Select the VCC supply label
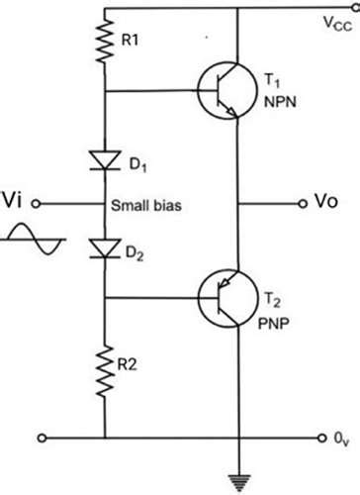tap(335, 22)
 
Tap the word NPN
tap(277, 101)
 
